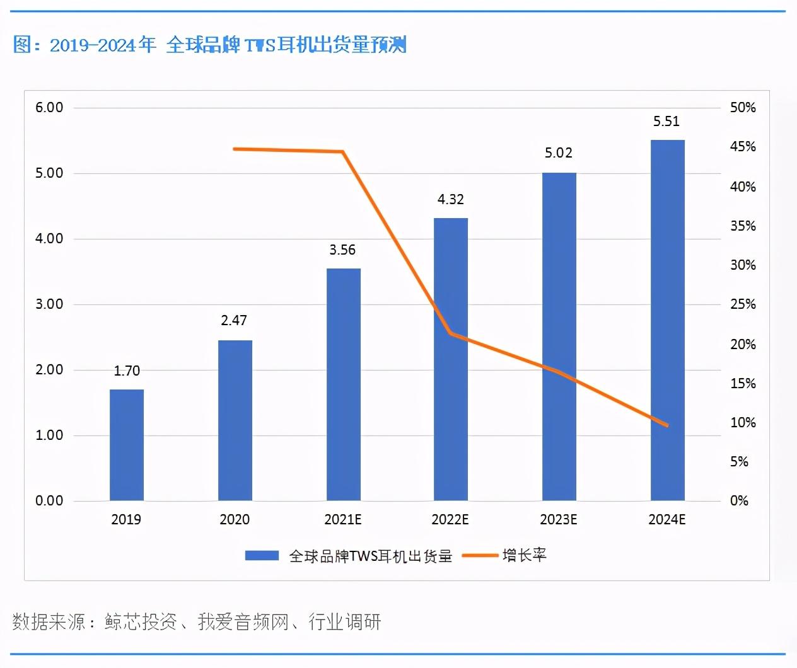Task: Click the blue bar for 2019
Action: (x=127, y=445)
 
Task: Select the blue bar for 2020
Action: (x=235, y=420)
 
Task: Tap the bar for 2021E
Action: (x=344, y=384)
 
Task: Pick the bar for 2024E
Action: (x=668, y=320)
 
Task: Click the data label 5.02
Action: (x=559, y=153)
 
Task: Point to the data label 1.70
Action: (x=127, y=371)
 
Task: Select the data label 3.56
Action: (x=342, y=250)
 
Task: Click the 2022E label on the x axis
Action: (x=450, y=519)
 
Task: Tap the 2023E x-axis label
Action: (x=559, y=519)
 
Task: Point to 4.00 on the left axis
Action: (x=49, y=239)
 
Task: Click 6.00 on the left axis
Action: (x=49, y=108)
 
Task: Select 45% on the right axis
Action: (x=743, y=147)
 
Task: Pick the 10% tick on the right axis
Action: (x=743, y=423)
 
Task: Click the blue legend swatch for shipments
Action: (x=262, y=555)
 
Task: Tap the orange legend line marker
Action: (x=479, y=555)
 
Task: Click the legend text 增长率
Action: (x=525, y=555)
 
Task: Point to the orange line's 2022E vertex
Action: (x=450, y=333)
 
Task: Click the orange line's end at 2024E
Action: (x=667, y=425)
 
